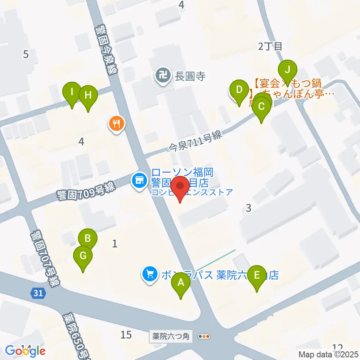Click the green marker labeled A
pos(181,283)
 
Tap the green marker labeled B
pos(88,238)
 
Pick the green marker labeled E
pos(257,275)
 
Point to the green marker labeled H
pos(88,95)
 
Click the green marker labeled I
pos(72,91)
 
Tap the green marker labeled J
pos(288,70)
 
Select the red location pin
pos(181,187)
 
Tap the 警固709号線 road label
pos(85,191)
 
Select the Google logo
pos(25,351)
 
